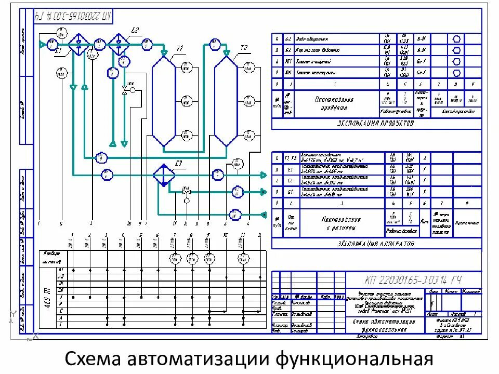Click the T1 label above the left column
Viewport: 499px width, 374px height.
pos(180,48)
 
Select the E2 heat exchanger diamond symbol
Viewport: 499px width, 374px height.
pos(119,42)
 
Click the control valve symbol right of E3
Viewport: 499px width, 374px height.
pos(187,192)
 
